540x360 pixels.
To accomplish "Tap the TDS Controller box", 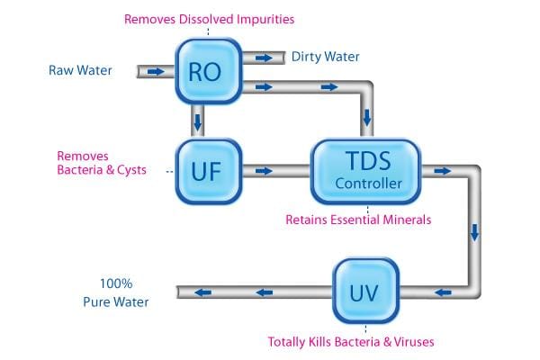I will coord(364,170).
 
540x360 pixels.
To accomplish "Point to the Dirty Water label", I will coord(325,57).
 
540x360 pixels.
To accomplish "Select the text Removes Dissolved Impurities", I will coord(209,18).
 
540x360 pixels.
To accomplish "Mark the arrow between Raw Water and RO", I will coord(156,70).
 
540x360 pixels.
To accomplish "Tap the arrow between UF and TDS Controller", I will coord(265,169).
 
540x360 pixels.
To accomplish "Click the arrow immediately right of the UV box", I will coord(441,291).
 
